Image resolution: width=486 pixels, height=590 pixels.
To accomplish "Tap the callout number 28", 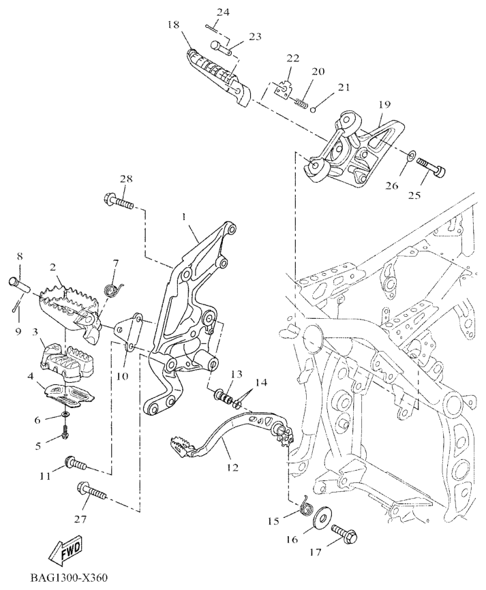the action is [126, 179].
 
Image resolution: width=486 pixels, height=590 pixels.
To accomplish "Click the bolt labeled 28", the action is [118, 202].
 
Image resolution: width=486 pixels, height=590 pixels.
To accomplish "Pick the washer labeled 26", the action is [411, 154].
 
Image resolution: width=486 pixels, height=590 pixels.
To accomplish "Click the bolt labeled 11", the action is [76, 462].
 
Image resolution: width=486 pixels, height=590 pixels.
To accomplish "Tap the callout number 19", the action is [385, 104].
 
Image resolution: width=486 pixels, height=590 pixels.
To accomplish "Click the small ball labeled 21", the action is [313, 110].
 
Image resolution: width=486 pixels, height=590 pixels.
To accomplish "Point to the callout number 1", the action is [184, 217].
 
